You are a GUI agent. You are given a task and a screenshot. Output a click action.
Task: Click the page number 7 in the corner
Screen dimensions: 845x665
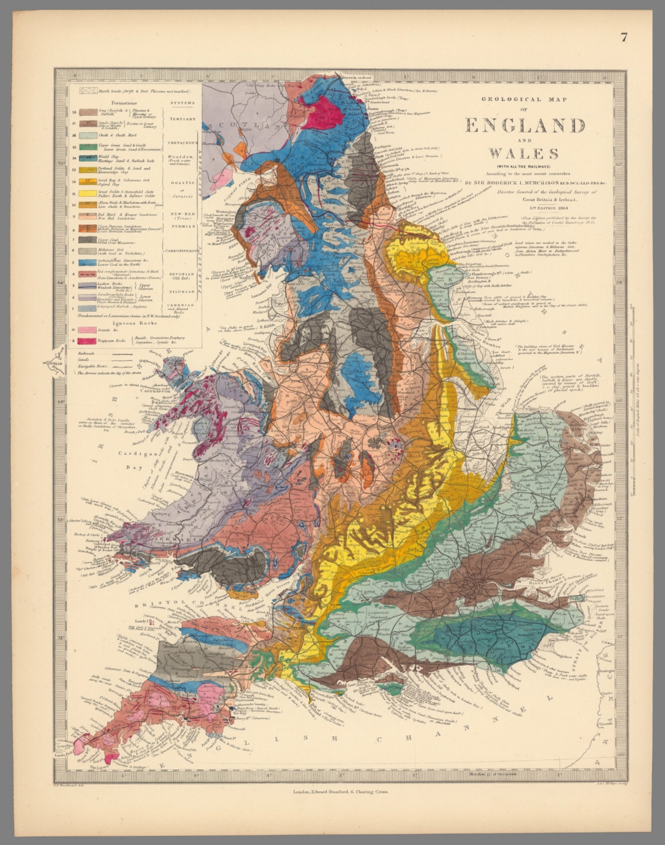click(x=624, y=37)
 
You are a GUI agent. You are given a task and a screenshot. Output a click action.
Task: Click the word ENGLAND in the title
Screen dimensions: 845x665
click(x=525, y=126)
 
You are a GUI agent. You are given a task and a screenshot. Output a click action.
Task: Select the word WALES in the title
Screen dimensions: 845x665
click(x=524, y=153)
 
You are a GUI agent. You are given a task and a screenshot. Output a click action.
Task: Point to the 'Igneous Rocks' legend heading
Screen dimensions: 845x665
click(x=128, y=323)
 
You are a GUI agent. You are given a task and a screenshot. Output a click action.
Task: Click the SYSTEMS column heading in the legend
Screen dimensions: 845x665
click(x=182, y=103)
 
